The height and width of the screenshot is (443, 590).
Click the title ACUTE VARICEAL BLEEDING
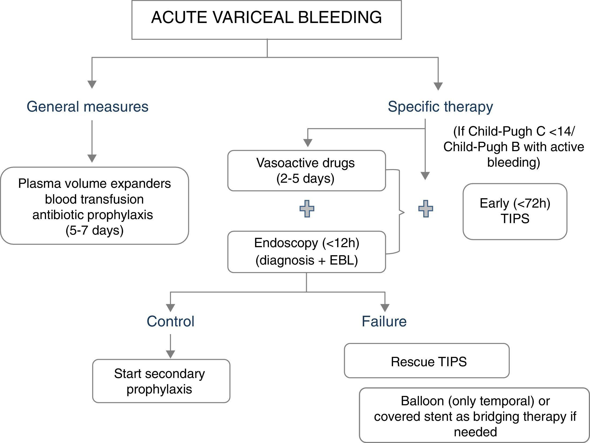click(x=267, y=18)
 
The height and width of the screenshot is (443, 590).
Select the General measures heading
click(x=87, y=106)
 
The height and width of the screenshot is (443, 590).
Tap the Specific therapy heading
click(x=440, y=106)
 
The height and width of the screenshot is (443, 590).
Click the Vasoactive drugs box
click(x=306, y=170)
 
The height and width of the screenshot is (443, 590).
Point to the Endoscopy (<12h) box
click(x=306, y=251)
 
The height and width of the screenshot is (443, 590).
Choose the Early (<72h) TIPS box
click(x=515, y=211)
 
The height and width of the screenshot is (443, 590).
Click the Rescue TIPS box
click(x=427, y=361)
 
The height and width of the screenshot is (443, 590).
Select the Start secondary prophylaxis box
click(x=161, y=381)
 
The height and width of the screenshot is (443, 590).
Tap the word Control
click(x=170, y=321)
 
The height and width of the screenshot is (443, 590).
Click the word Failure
click(x=384, y=321)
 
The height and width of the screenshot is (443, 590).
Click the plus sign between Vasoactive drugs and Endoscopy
click(x=307, y=209)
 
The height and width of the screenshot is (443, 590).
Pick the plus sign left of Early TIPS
click(x=425, y=209)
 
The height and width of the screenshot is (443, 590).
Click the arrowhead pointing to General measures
click(x=92, y=84)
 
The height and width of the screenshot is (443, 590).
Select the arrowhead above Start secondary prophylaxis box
click(x=170, y=354)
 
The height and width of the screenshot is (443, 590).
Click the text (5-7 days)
click(x=94, y=230)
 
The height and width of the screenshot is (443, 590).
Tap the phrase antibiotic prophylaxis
click(x=93, y=215)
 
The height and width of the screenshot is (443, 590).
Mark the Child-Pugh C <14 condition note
click(x=513, y=147)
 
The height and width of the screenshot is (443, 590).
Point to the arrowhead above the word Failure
click(x=385, y=308)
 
